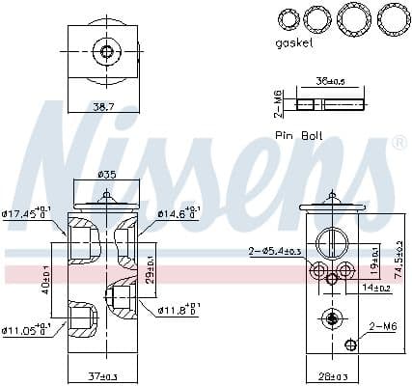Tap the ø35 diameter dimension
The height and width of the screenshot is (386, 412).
107,175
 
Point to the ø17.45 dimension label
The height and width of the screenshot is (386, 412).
28,213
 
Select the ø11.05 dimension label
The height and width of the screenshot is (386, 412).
28,330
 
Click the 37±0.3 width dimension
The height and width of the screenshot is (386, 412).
104,375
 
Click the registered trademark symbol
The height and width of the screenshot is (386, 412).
398,143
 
